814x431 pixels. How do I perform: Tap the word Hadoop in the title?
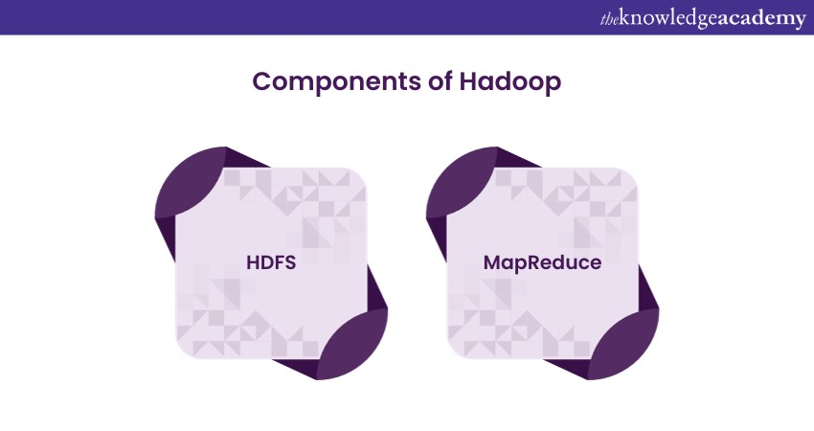pyautogui.click(x=509, y=82)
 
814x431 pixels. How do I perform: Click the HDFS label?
pyautogui.click(x=271, y=262)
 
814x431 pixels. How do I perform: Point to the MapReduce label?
pyautogui.click(x=542, y=262)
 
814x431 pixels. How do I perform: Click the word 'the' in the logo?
pyautogui.click(x=609, y=20)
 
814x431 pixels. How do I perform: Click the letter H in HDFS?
pyautogui.click(x=253, y=262)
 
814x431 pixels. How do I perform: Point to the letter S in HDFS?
pyautogui.click(x=289, y=262)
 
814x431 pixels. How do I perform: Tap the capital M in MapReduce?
pyautogui.click(x=491, y=262)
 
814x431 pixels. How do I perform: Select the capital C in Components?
pyautogui.click(x=261, y=81)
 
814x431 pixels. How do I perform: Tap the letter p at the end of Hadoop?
pyautogui.click(x=554, y=85)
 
